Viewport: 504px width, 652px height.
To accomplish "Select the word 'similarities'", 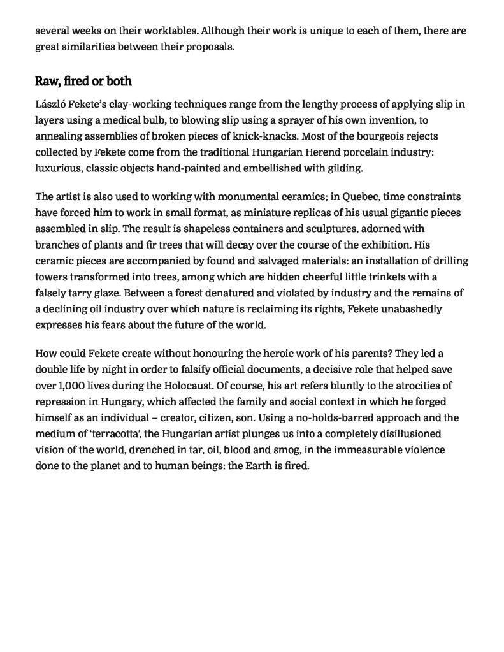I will click(86, 47).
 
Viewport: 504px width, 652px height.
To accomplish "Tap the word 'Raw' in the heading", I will click(47, 82).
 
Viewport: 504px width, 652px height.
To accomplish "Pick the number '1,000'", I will click(69, 385).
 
